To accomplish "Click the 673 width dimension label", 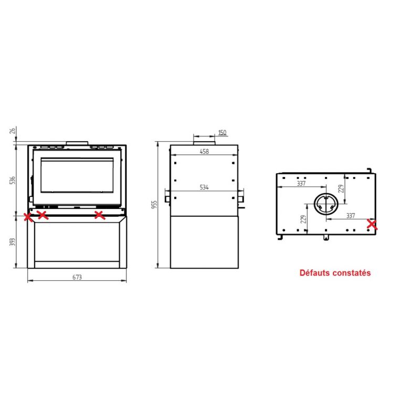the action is pyautogui.click(x=77, y=277).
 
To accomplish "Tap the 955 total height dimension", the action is pyautogui.click(x=154, y=205).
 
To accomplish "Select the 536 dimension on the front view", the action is pyautogui.click(x=13, y=180).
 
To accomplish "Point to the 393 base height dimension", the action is pyautogui.click(x=13, y=242).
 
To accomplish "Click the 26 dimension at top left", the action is pyautogui.click(x=13, y=131).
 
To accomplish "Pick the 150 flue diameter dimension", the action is pyautogui.click(x=222, y=133).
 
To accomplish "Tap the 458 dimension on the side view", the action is pyautogui.click(x=204, y=152).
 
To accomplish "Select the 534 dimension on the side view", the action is pyautogui.click(x=204, y=187).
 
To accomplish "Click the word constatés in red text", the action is pyautogui.click(x=351, y=273).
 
